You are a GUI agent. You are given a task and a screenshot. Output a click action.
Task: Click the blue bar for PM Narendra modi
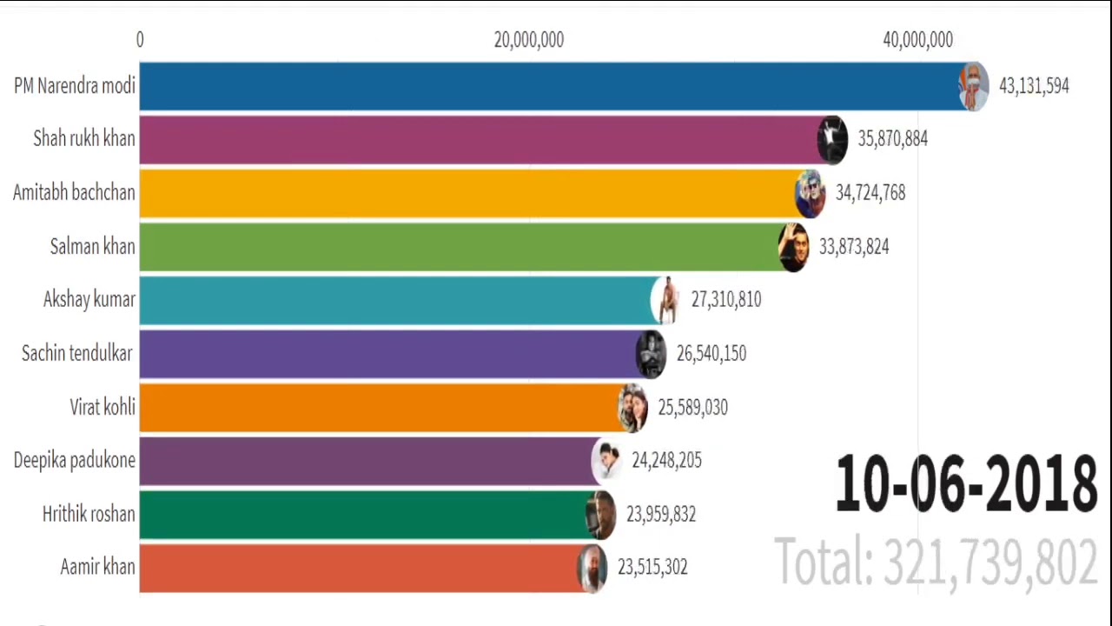547,86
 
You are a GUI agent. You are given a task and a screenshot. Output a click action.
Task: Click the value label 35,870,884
892,139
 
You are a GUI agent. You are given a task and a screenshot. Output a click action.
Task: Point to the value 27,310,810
725,300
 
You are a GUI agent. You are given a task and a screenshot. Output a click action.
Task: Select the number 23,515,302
652,567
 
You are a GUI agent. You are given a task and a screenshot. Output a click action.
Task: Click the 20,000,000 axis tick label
528,40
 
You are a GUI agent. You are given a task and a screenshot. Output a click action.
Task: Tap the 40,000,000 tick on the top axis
917,40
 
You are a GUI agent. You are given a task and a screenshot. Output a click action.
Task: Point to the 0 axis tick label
140,40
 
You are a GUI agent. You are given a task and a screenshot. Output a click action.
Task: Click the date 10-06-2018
965,484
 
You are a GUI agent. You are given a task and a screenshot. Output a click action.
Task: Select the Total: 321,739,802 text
935,562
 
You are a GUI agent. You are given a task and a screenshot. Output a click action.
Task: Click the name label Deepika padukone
75,460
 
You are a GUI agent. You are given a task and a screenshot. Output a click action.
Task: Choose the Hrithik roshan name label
89,514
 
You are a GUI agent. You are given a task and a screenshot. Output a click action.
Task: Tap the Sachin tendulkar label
77,353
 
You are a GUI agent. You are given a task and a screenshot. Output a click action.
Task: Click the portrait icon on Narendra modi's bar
973,86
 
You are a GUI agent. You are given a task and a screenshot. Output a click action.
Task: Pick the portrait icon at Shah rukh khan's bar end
832,139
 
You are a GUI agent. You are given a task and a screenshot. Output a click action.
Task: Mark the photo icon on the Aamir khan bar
592,568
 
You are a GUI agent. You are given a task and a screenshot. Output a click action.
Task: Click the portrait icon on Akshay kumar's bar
665,300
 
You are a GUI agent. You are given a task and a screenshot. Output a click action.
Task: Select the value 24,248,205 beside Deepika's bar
666,461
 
